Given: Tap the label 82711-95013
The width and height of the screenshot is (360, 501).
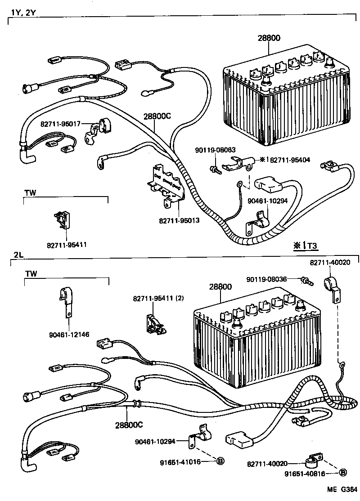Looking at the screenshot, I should (x=179, y=221).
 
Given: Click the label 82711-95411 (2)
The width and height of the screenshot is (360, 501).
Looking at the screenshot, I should (x=158, y=298).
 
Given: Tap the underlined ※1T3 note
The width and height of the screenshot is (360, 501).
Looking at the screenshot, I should (x=306, y=246).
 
